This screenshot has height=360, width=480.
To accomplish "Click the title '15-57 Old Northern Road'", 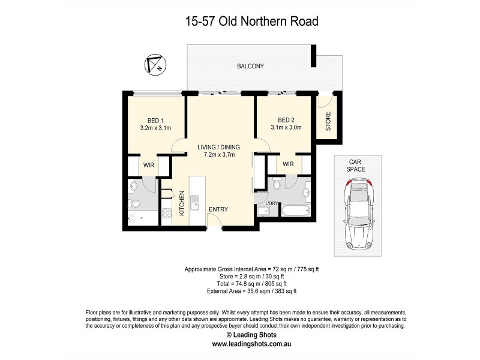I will [x=251, y=22].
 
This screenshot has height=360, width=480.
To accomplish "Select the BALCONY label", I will [x=251, y=67].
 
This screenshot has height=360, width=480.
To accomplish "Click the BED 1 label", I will [x=155, y=119].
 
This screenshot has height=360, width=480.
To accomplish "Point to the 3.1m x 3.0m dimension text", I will [x=286, y=127].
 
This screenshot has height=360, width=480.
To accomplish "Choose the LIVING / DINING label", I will [x=219, y=146].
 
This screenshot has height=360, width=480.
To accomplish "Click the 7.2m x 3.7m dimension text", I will [x=219, y=154].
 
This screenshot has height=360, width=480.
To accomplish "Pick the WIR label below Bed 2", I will [x=288, y=164].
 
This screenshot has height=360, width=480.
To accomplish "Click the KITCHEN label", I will [x=181, y=204].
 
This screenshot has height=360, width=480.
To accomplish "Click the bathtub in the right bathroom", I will [x=295, y=211].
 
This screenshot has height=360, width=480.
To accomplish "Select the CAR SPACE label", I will [x=356, y=166].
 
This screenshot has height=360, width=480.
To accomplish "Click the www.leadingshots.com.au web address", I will [x=250, y=344].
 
